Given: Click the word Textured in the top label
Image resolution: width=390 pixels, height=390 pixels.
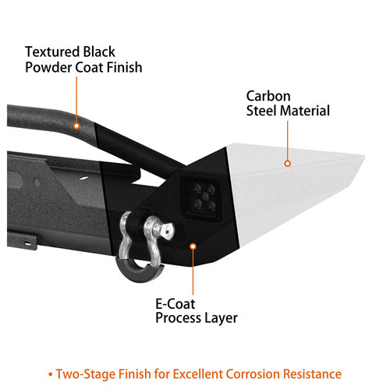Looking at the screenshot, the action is point(52,51).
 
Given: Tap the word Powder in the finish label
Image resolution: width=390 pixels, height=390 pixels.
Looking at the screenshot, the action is point(48,67).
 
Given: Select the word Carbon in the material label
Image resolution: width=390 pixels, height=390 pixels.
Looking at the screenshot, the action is point(268,96).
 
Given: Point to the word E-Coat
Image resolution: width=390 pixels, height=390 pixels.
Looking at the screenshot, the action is point(175,303).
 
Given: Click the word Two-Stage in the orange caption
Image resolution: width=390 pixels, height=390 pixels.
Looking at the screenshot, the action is point(86,374).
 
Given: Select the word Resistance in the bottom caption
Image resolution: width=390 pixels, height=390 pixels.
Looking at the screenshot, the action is point(312,374).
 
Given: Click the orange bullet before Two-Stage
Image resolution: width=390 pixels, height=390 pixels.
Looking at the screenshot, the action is point(51,374).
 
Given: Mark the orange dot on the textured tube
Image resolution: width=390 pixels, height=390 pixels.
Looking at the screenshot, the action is point(76,126).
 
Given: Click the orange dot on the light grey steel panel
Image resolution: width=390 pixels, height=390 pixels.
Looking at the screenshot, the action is point(287,164).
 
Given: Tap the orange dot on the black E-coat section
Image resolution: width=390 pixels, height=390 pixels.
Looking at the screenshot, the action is point(193,246).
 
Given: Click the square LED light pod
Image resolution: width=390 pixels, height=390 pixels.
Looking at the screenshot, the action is point(202,199).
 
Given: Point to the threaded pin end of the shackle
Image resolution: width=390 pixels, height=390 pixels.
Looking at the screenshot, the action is point(167,230).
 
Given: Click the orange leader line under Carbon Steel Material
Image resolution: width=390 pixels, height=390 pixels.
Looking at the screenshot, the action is point(288,140).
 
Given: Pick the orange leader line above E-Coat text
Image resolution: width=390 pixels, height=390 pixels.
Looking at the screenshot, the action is point(193,272).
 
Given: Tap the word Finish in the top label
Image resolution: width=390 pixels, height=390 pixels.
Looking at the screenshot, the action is point(124,67).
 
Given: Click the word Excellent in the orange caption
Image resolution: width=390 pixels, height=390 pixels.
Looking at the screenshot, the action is point(197,374).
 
